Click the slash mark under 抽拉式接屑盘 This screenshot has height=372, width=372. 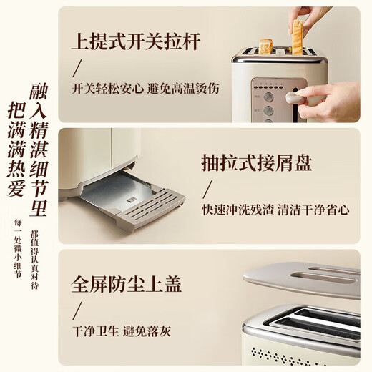pyautogui.click(x=208, y=190)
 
